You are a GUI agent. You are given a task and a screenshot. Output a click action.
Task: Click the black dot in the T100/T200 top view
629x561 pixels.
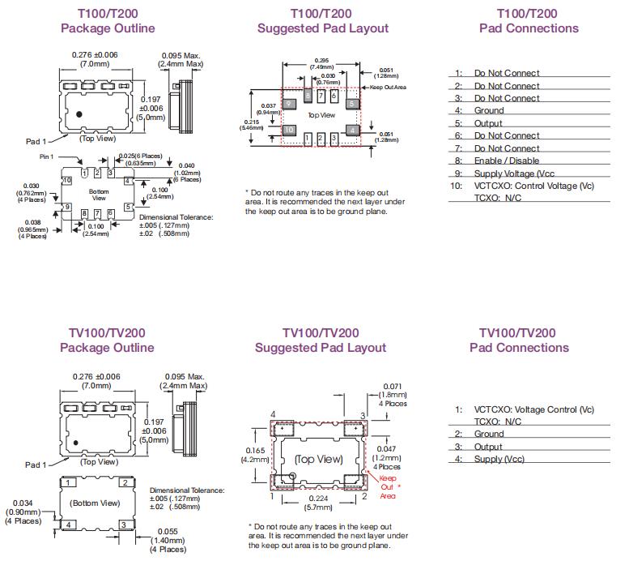click(79, 116)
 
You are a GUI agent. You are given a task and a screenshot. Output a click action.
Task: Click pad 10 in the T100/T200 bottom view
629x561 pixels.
click(67, 180)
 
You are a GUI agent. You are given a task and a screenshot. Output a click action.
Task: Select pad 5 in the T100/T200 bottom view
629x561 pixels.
click(129, 207)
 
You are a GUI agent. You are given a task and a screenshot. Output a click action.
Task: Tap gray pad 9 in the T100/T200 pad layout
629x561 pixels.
click(288, 103)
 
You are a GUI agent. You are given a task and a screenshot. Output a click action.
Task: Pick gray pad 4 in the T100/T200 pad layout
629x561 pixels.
click(352, 129)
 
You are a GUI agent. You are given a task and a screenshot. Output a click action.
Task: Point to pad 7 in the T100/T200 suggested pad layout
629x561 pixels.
click(321, 96)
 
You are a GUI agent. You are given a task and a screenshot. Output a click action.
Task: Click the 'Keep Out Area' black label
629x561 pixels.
click(389, 87)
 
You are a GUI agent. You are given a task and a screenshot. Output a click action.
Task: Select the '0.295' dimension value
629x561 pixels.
click(321, 60)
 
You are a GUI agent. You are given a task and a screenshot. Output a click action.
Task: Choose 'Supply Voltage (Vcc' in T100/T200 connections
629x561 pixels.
click(515, 173)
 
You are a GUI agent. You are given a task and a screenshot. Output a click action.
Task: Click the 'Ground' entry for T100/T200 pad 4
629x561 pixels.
click(489, 110)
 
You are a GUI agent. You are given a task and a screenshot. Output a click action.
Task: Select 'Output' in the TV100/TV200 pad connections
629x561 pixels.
click(488, 447)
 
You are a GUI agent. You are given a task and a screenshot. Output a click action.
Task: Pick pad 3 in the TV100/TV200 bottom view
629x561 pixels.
click(123, 525)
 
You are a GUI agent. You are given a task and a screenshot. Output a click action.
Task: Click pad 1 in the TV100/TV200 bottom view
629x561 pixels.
click(70, 483)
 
